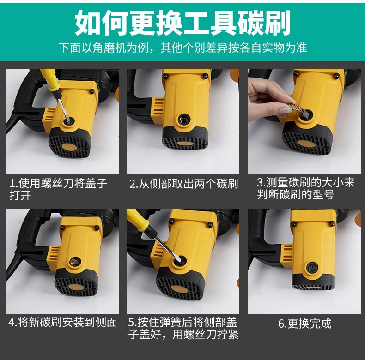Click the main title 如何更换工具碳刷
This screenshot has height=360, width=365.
coord(183,23)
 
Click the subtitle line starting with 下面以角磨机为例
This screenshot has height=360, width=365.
coord(183,48)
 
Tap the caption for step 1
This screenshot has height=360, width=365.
coord(58,189)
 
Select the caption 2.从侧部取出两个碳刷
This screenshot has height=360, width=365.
coord(184,184)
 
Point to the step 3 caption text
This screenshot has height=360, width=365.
coord(306,188)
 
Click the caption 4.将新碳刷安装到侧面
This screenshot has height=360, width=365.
coord(63,322)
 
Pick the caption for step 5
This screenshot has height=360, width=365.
coord(183,328)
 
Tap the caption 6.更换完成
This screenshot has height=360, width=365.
coord(305,324)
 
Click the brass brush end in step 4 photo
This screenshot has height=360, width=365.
coord(75,262)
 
